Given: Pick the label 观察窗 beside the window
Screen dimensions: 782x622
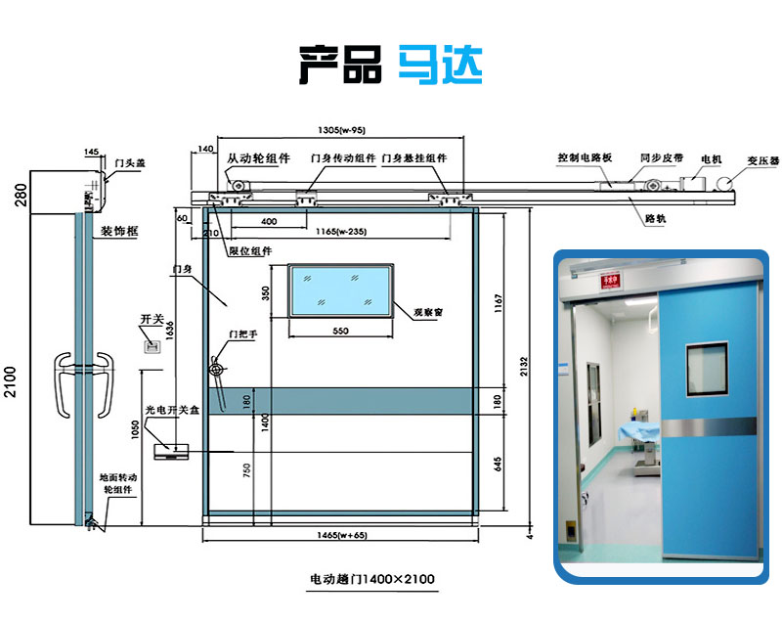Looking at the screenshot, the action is coord(428,312).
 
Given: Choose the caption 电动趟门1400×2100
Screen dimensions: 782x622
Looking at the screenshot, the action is coord(371,579).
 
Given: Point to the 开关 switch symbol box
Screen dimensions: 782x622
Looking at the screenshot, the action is coord(152,345).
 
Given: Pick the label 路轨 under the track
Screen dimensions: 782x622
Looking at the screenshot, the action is coord(655,219).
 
